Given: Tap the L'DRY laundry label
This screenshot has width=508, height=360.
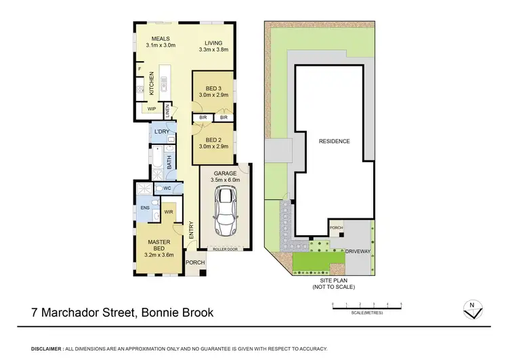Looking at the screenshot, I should click(161, 131).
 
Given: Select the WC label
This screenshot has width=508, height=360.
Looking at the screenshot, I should click(166, 188).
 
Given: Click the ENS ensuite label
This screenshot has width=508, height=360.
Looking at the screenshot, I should click(145, 208).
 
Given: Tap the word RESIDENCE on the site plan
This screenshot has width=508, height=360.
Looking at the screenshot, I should click(334, 141).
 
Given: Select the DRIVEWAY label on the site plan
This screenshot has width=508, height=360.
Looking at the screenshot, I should click(356, 252).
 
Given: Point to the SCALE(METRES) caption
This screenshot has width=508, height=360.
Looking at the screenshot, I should click(366, 313).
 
